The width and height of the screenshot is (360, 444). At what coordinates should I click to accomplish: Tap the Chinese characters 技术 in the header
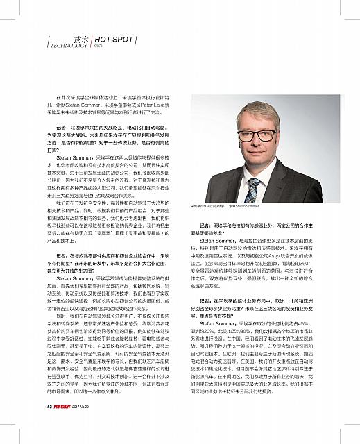pyautogui.click(x=81, y=39)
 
